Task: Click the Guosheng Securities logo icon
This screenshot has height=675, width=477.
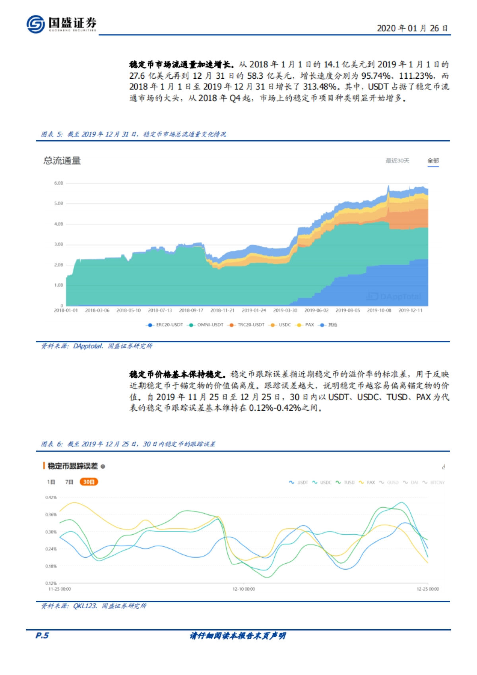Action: click(35, 24)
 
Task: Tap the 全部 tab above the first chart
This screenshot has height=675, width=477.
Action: click(433, 161)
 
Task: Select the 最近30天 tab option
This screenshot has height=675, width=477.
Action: click(397, 161)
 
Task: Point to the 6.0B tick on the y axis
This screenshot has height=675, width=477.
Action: click(58, 183)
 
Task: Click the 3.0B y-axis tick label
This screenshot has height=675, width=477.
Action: click(58, 244)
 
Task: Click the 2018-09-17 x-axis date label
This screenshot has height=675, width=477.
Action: click(191, 310)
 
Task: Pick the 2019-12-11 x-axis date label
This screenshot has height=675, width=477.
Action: click(410, 310)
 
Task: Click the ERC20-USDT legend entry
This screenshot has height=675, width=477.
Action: click(165, 325)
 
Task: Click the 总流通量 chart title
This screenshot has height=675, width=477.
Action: click(62, 161)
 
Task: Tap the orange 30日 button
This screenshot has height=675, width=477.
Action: click(88, 482)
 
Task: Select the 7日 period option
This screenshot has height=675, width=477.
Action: click(69, 482)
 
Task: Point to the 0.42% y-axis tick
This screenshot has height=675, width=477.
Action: click(51, 497)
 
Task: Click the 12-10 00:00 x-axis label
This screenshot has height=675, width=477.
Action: click(244, 589)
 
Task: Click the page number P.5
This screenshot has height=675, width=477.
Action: click(42, 636)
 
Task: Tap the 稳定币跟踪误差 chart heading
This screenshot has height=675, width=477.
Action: click(72, 466)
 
